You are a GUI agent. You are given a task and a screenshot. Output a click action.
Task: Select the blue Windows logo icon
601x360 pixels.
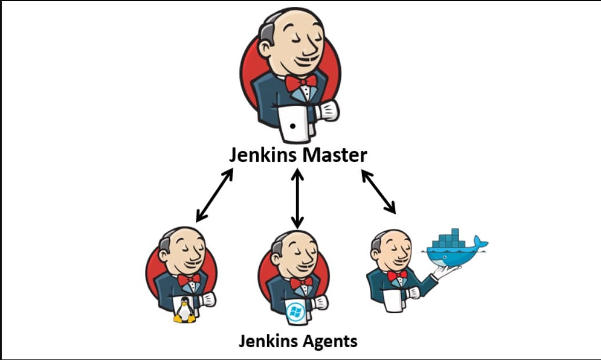[x=295, y=311]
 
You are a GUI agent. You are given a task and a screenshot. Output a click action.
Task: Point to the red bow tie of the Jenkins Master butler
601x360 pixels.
[x=301, y=82]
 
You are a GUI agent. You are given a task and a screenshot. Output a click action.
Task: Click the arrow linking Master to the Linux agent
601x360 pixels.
[x=214, y=195]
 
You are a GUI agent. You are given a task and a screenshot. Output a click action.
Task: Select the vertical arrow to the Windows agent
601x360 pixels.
[x=297, y=198]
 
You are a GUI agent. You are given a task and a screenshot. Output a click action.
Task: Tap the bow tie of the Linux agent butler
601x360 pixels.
[x=189, y=279]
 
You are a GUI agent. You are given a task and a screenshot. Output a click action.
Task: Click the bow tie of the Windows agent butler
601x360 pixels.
[x=301, y=283]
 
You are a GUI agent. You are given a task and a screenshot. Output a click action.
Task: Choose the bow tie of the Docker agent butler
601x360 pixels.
[x=397, y=275]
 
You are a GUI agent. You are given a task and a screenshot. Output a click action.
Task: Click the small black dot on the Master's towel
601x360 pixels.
[x=293, y=125]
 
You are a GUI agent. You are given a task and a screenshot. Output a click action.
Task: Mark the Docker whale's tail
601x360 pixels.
[x=480, y=241]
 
